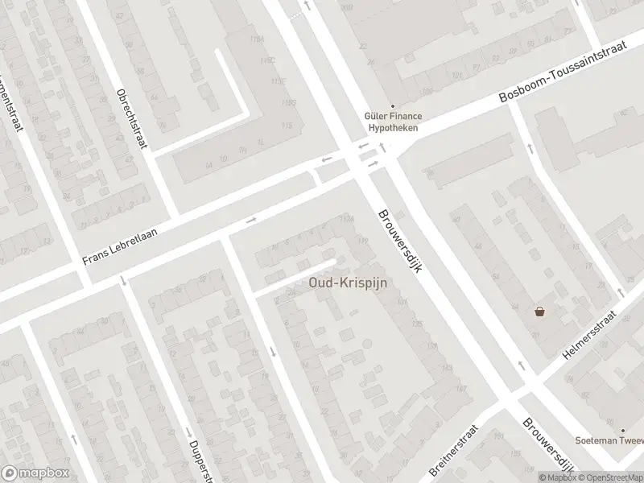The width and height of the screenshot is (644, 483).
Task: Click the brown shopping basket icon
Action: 539,312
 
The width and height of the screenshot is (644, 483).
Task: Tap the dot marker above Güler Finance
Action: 393,105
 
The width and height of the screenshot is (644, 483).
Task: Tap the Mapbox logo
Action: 34,473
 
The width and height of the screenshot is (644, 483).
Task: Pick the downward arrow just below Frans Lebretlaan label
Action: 122,281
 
